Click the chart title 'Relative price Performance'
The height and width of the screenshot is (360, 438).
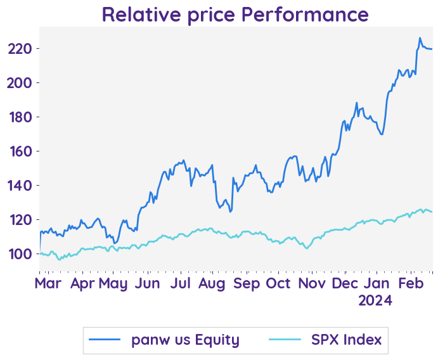235,14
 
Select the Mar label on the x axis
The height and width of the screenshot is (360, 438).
48,283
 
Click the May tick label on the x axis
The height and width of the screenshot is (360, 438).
114,283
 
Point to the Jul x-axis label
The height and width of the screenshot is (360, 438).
181,283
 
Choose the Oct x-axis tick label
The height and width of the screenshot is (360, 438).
279,283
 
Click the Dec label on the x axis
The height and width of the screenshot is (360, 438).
345,283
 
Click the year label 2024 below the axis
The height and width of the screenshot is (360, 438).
376,300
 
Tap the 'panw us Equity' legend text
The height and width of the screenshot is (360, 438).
185,340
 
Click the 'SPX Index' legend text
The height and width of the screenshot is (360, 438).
346,340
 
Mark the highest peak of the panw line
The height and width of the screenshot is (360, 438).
420,38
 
